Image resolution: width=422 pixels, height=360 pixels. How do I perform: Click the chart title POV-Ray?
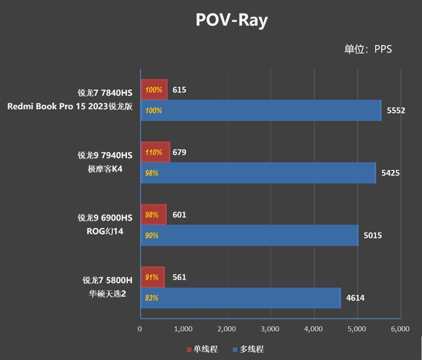click(232, 20)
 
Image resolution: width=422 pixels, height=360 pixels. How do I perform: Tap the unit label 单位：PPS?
click(368, 50)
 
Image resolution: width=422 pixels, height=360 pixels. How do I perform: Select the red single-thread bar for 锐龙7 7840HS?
click(154, 90)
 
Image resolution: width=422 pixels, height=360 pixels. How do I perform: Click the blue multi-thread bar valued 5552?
click(261, 111)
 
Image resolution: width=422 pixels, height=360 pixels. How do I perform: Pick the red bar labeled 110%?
click(155, 152)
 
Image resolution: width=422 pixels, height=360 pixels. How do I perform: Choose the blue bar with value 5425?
click(258, 173)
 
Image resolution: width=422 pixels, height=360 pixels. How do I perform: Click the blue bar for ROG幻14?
click(249, 235)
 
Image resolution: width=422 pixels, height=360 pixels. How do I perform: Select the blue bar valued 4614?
click(240, 298)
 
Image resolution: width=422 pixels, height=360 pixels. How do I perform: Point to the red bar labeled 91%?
click(152, 277)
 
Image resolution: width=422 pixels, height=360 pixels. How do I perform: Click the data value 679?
click(179, 152)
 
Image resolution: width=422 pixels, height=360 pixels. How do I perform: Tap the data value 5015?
click(373, 235)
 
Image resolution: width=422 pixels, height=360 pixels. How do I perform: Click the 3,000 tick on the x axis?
click(270, 329)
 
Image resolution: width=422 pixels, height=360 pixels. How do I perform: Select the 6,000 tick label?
click(400, 329)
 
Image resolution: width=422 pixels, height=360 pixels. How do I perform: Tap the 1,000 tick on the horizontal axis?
click(183, 329)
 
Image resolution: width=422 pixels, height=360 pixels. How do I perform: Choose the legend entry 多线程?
click(247, 349)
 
